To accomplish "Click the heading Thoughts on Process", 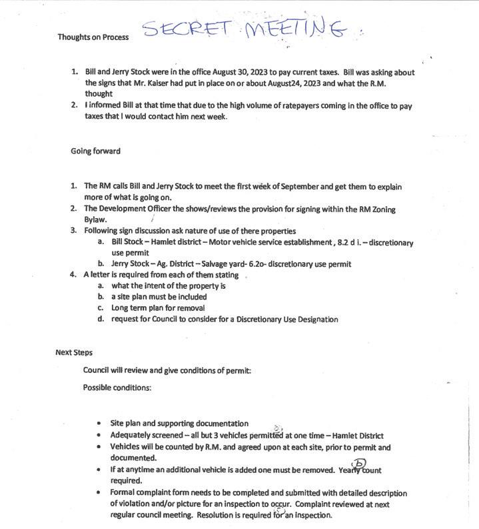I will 93,37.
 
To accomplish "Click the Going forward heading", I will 95,151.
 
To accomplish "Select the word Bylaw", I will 95,219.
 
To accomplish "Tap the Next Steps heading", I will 74,352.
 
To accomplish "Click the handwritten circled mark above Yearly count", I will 360,463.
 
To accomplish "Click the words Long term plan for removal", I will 158,308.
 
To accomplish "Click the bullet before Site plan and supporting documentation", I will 99,423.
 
